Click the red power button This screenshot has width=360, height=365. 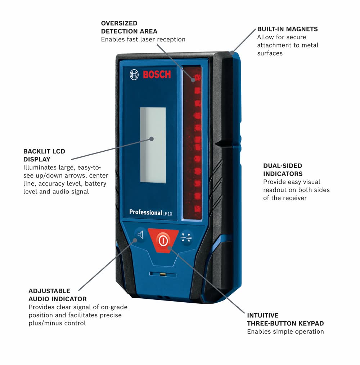[x=163, y=240]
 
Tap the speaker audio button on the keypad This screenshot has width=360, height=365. [x=140, y=235]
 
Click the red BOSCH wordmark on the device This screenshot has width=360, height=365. [x=157, y=75]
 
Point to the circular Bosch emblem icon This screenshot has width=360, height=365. [x=134, y=75]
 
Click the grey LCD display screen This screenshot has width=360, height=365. [x=153, y=145]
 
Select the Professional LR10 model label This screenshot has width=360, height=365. [x=150, y=213]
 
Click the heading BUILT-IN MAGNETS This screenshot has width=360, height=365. [x=287, y=29]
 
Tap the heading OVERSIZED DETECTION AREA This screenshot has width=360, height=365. [x=129, y=27]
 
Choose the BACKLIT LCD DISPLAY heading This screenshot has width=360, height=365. [x=44, y=155]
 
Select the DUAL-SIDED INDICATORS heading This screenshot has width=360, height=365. [x=283, y=170]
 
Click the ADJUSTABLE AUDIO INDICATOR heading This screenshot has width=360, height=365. [x=58, y=295]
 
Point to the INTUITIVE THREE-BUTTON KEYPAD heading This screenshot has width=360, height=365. [x=285, y=319]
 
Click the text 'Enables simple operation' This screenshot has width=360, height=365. [x=285, y=331]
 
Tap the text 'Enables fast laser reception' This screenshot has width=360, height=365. [x=143, y=39]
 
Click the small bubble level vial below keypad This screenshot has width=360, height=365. [x=163, y=275]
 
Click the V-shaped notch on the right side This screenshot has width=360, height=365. [x=219, y=144]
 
